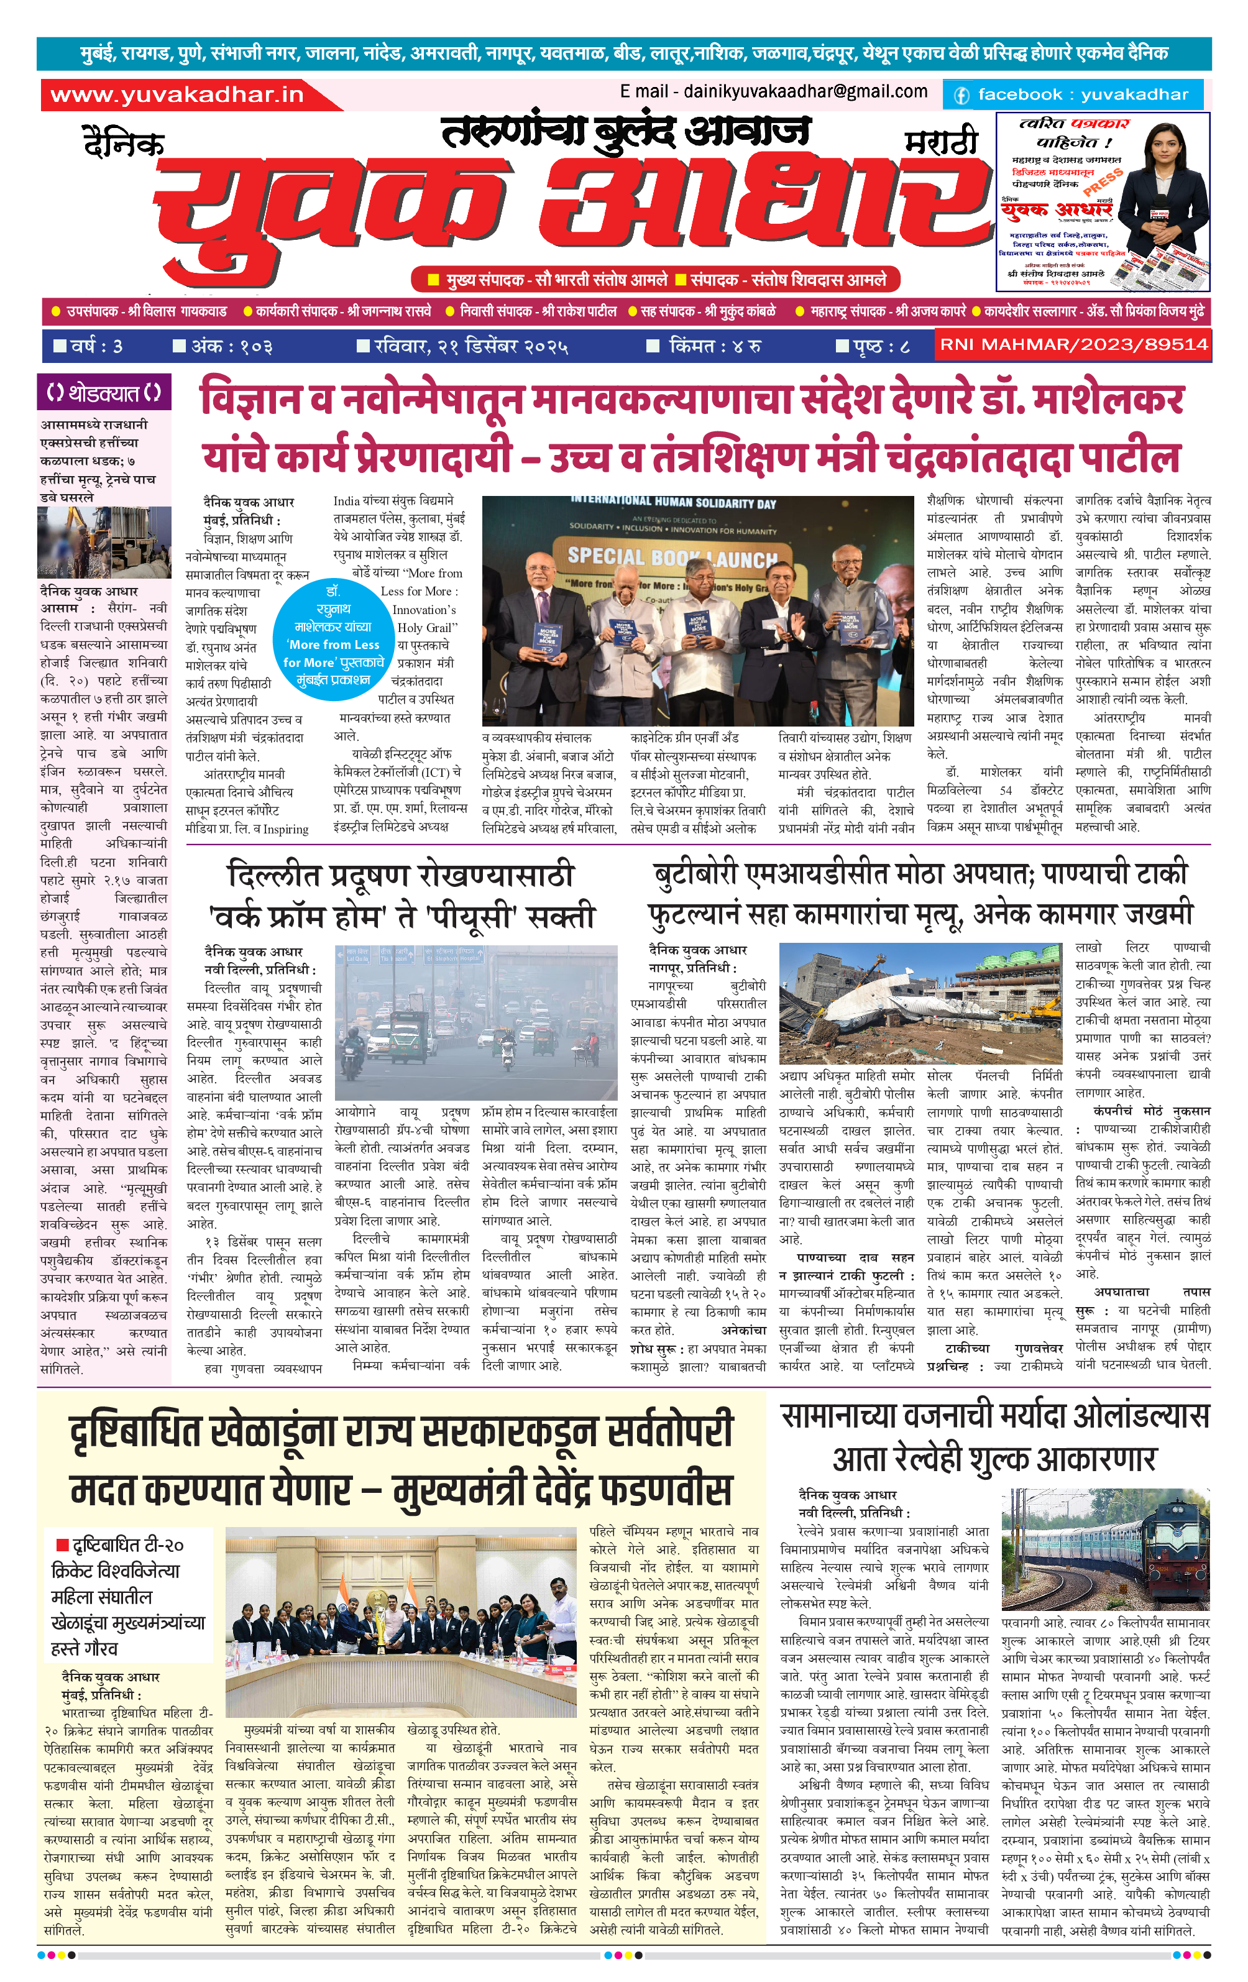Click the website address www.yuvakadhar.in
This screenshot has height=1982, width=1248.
(177, 94)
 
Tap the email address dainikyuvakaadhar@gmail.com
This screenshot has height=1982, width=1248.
(773, 91)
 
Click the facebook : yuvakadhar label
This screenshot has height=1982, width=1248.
(1073, 94)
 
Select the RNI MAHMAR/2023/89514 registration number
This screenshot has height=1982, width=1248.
(1073, 345)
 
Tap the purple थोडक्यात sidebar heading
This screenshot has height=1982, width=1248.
(104, 393)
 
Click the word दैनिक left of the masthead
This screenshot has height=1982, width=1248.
(124, 142)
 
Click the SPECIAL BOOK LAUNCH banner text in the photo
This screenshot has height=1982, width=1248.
(672, 557)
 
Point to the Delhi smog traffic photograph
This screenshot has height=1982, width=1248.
(476, 1022)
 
